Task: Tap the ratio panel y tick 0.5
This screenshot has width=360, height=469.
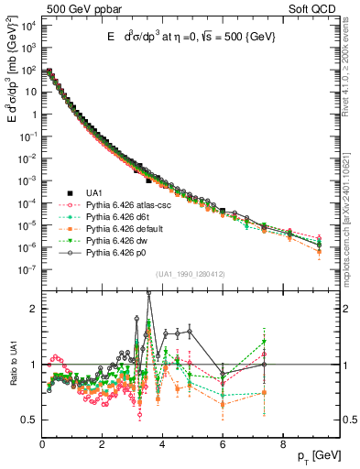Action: [30, 420]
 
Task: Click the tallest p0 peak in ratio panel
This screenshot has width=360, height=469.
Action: [149, 292]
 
